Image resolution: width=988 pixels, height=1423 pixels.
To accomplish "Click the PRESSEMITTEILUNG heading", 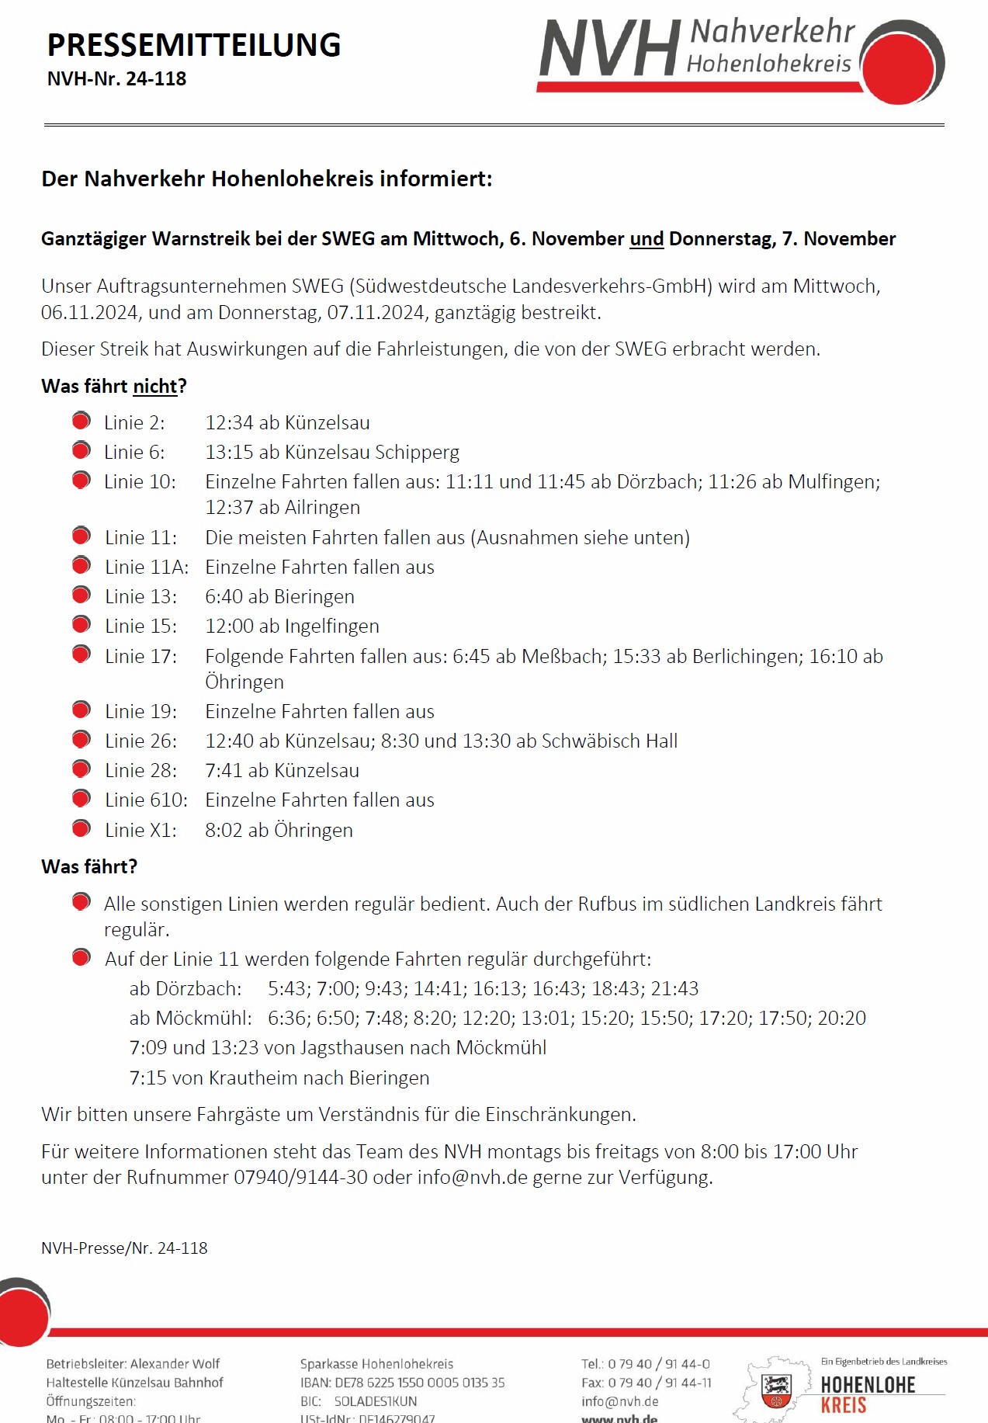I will tap(194, 45).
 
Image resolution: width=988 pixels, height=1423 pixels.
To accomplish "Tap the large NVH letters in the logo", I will tap(609, 50).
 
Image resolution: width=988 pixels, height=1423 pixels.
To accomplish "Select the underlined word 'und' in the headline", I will tap(647, 239).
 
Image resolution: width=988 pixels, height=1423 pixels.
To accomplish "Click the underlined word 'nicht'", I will tap(154, 387).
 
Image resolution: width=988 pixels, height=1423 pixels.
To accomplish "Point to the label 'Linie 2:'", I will tap(134, 423).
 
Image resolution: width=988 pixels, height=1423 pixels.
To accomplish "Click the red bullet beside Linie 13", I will tap(81, 595).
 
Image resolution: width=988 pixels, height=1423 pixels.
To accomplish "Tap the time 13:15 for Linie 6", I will tap(229, 453).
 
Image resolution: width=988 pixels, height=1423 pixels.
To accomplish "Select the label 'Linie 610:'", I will tap(146, 800).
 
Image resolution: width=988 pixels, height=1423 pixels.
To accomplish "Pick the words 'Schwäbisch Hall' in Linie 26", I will tap(609, 741).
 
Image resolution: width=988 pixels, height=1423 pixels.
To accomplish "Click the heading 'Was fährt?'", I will tap(89, 867).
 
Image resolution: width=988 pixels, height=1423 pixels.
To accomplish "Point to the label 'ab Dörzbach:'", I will tap(185, 989).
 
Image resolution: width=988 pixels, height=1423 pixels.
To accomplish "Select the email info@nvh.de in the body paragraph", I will tap(472, 1178).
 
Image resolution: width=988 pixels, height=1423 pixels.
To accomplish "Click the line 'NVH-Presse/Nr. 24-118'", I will tap(124, 1248).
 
